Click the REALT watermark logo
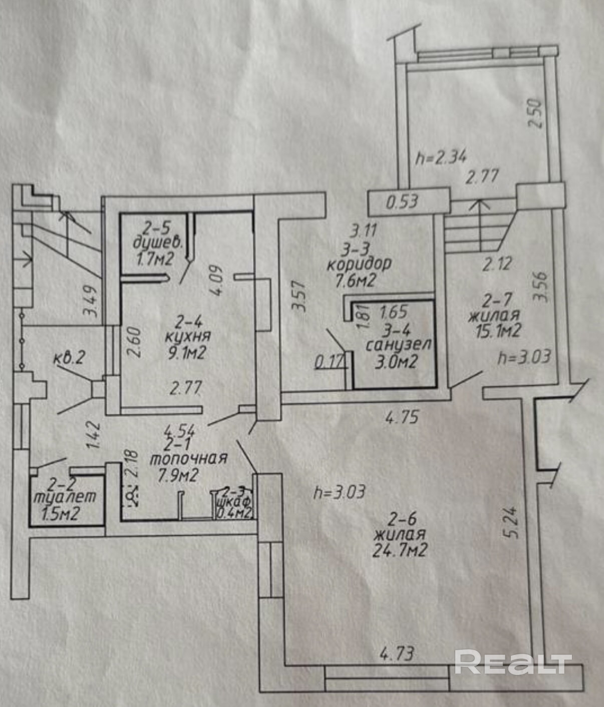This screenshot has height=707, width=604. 513,662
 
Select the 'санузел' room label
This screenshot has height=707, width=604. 399,345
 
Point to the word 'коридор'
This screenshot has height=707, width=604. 359,263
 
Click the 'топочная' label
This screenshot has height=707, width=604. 189,458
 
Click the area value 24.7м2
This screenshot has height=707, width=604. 400,551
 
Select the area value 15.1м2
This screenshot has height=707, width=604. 495,331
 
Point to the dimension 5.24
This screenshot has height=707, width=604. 512,524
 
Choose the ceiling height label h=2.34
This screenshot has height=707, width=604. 442,158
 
